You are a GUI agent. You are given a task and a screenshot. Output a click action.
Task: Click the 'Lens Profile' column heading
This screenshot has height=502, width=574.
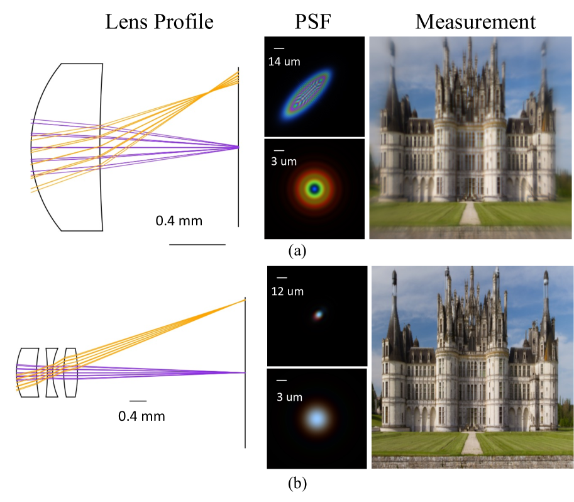pyautogui.click(x=159, y=22)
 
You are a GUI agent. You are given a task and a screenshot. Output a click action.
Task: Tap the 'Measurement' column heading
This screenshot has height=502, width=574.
pyautogui.click(x=475, y=22)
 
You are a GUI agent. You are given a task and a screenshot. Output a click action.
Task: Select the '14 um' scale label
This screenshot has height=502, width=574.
pyautogui.click(x=283, y=62)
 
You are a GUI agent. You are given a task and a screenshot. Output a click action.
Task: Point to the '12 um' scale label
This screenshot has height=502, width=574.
pyautogui.click(x=287, y=292)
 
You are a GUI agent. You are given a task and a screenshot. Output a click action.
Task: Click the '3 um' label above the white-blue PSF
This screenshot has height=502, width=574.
pyautogui.click(x=286, y=396)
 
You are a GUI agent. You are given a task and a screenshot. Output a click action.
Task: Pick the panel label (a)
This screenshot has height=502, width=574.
pyautogui.click(x=297, y=251)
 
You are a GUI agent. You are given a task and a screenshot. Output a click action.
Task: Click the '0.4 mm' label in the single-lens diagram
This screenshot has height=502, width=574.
pyautogui.click(x=179, y=221)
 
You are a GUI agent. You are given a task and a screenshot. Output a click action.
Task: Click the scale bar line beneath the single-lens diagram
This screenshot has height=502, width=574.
pyautogui.click(x=196, y=244)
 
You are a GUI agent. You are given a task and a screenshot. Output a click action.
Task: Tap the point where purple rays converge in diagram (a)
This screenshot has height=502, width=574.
pyautogui.click(x=238, y=147)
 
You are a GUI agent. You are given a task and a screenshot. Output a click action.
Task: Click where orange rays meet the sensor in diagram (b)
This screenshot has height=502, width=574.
pyautogui.click(x=245, y=300)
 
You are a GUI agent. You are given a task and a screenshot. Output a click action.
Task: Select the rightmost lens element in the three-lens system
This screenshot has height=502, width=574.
pyautogui.click(x=70, y=372)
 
